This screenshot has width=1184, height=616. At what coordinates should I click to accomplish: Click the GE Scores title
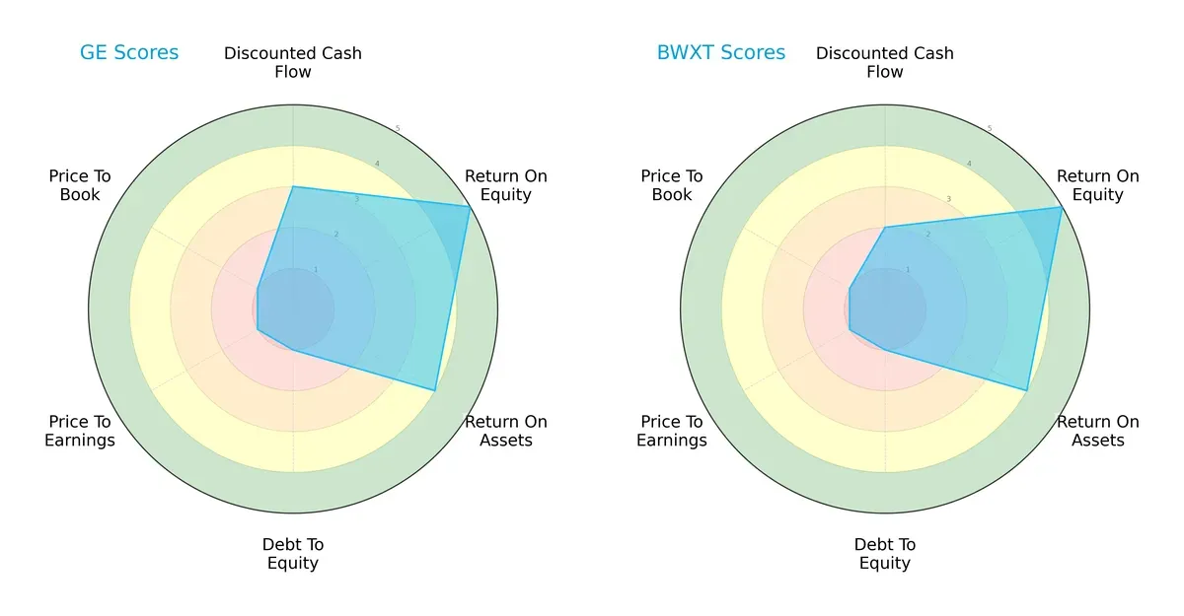click(129, 52)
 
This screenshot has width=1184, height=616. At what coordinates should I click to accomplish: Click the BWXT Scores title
click(721, 52)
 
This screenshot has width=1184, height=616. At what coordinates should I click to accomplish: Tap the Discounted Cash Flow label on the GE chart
click(293, 62)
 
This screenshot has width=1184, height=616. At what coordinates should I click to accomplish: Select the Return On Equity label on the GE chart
click(506, 185)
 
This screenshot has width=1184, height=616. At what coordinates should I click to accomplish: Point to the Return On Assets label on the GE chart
click(506, 431)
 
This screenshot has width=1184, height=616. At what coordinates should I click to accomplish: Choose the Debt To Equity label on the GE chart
click(293, 554)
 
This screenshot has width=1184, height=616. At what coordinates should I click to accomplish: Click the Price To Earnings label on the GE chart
click(80, 431)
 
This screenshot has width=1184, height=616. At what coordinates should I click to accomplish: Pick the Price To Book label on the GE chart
click(80, 185)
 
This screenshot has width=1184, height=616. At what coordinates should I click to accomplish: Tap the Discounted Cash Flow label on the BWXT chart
click(885, 62)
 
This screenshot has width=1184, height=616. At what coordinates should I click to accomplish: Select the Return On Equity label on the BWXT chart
click(1098, 185)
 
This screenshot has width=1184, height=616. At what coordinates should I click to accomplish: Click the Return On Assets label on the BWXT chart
click(1098, 431)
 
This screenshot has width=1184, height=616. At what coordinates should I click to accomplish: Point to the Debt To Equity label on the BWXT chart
click(885, 554)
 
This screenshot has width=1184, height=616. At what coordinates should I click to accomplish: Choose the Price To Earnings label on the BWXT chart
click(672, 431)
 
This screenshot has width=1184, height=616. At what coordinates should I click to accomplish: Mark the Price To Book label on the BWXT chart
click(672, 185)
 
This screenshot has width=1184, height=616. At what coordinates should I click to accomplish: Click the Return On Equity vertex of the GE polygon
click(470, 206)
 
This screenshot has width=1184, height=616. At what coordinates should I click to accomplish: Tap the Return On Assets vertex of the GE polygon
click(435, 390)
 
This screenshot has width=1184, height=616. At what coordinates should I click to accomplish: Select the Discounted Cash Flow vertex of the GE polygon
click(293, 186)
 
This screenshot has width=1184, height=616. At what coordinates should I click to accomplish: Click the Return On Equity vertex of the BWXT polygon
click(1062, 206)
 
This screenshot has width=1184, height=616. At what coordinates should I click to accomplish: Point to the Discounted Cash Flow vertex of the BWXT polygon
click(885, 227)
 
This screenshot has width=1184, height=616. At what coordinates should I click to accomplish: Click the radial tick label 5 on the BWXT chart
click(989, 128)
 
